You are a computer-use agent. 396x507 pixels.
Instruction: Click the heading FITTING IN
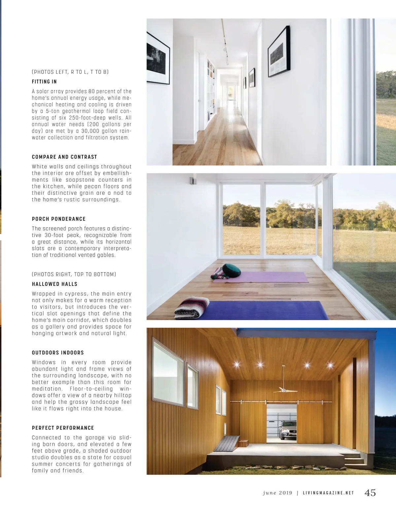(x=44, y=82)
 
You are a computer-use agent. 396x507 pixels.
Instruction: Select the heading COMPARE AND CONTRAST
(x=64, y=157)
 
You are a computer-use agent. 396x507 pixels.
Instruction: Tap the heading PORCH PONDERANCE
(x=59, y=219)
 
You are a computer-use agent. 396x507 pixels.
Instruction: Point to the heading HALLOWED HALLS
(x=54, y=284)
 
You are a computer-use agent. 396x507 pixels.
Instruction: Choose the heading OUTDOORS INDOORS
(x=58, y=353)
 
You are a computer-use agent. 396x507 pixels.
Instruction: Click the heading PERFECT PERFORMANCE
(x=63, y=428)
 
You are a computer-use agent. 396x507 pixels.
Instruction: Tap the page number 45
(x=370, y=492)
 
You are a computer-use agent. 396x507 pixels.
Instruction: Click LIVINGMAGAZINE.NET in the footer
(x=328, y=493)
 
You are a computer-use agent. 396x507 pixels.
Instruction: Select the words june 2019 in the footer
(x=278, y=493)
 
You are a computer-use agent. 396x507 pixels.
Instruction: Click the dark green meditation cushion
(x=231, y=270)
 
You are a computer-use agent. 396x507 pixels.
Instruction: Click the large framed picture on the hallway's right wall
(x=279, y=52)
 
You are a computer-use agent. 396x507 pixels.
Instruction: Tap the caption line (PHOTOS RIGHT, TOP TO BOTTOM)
(x=74, y=274)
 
